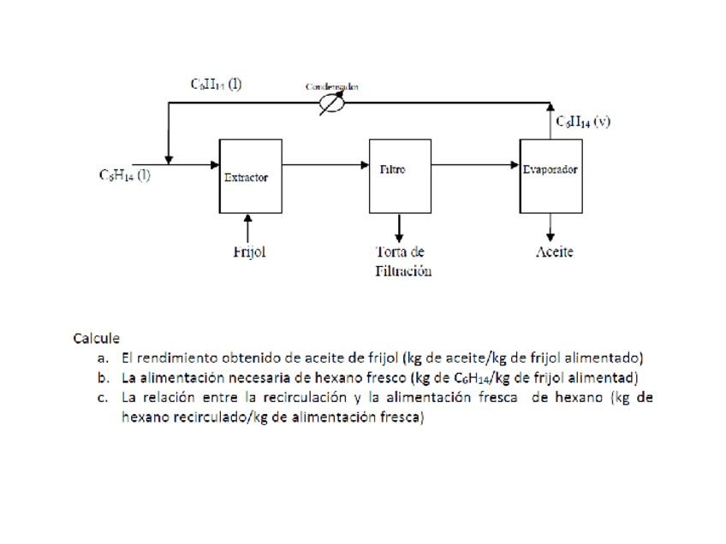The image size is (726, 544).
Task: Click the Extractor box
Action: point(250,176)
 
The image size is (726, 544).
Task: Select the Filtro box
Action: point(400,175)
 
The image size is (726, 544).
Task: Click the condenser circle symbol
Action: point(330,103)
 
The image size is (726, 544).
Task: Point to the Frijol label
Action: point(249,252)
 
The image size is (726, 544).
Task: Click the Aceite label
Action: point(554,251)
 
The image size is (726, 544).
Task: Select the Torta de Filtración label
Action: point(402,262)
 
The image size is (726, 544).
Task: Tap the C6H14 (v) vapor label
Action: point(583,121)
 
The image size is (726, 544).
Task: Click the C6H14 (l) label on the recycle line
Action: point(216,84)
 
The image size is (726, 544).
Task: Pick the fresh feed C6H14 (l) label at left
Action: point(125,175)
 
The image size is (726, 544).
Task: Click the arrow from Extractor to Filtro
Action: point(325,165)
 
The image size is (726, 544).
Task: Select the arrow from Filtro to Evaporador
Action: point(476,165)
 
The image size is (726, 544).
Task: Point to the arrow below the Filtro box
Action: point(400,228)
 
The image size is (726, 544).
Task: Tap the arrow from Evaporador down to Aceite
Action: point(550,226)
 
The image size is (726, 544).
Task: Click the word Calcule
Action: point(96,339)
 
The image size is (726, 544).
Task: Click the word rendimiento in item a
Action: point(170,358)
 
